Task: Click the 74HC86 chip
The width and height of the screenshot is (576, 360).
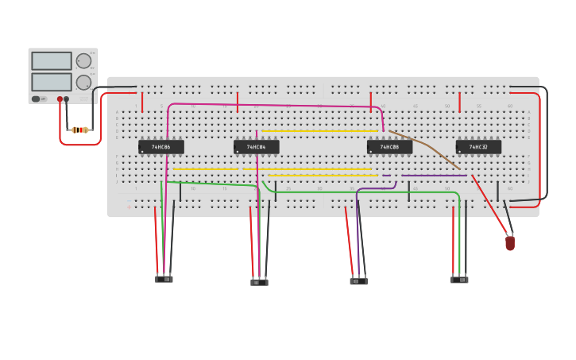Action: click(161, 147)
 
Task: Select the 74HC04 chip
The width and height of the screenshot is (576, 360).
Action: click(256, 147)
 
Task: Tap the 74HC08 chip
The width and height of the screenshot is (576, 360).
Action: click(389, 147)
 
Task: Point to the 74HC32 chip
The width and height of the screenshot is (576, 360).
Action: click(478, 147)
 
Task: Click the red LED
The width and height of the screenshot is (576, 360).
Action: click(510, 242)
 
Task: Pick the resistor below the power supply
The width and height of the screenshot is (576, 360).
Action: click(79, 130)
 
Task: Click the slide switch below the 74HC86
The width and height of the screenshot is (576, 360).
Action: click(164, 279)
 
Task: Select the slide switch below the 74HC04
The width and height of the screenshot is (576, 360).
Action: click(259, 281)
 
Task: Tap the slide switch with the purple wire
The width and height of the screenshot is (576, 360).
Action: click(359, 281)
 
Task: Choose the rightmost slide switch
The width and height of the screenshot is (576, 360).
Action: click(459, 280)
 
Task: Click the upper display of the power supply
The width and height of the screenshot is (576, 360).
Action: click(51, 61)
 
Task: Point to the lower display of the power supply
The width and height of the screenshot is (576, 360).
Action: click(51, 82)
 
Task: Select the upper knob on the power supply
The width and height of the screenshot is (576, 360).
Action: click(83, 61)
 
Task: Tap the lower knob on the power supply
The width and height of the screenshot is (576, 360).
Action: click(83, 82)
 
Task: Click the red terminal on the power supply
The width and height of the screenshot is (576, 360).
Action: click(60, 99)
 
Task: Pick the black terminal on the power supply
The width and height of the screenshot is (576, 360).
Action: click(67, 99)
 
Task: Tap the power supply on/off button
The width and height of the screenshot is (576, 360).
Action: click(36, 99)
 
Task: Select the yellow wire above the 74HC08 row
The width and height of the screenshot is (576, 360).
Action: click(318, 130)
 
